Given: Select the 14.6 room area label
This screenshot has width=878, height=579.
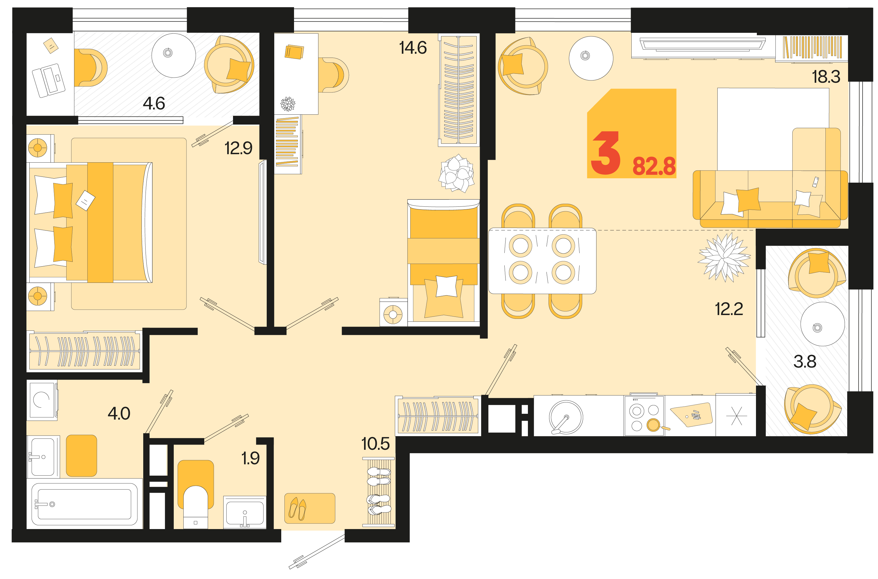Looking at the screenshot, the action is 413,48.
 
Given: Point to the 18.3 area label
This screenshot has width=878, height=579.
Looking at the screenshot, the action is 826,77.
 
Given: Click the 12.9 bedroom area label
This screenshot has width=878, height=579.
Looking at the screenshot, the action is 239,148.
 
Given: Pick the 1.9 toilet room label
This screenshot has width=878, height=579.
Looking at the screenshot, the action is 250,458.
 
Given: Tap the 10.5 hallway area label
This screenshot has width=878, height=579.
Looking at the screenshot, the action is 375,443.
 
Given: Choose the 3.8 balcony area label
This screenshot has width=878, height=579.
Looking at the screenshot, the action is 805,362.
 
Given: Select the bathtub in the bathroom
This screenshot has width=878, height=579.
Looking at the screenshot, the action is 85,504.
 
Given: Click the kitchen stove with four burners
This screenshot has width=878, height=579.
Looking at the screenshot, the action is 644,416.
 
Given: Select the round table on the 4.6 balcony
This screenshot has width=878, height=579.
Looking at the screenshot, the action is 174,55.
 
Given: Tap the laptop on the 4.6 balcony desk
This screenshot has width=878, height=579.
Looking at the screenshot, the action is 49,80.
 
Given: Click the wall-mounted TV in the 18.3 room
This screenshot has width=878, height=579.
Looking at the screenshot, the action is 703,45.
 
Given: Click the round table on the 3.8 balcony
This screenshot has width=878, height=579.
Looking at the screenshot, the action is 822,324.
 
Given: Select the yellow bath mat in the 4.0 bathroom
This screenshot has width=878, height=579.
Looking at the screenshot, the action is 81,456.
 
